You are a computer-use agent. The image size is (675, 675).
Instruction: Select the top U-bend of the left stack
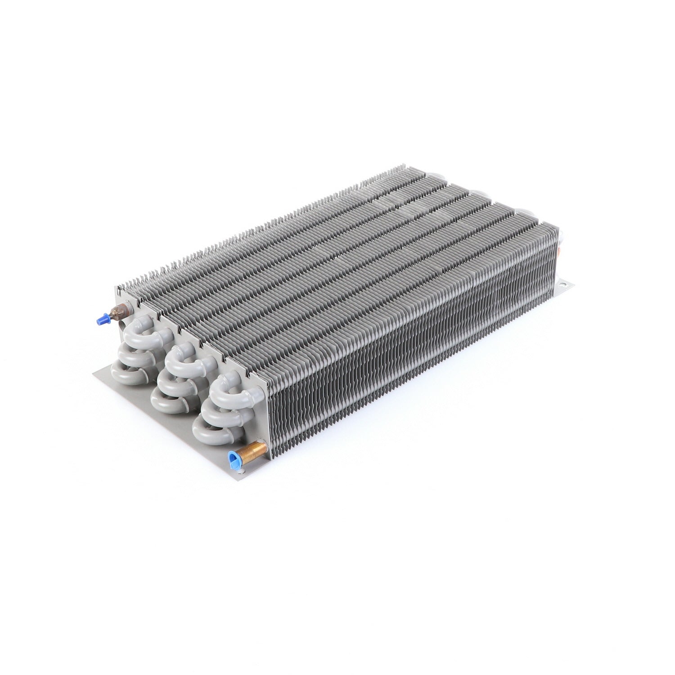pos(137,332)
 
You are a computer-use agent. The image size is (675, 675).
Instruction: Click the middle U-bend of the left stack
pos(130,352)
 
